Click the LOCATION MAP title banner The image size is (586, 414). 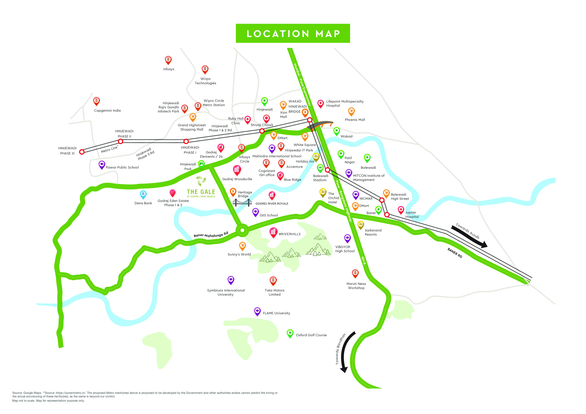[293, 33]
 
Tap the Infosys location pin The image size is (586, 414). [168, 60]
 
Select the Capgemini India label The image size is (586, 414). [107, 110]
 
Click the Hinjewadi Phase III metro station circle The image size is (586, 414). [82, 152]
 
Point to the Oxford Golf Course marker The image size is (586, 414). [290, 333]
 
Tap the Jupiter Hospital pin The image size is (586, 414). [401, 210]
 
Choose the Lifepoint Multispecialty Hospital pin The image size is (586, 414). [321, 103]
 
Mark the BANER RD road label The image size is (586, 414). [455, 253]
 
